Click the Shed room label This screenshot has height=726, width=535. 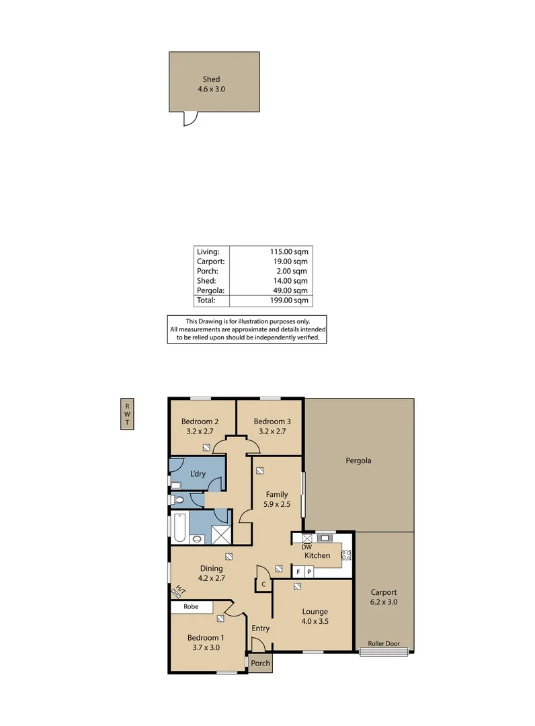point(211,79)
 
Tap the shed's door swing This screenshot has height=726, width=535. point(191,119)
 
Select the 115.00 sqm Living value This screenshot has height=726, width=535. point(290,252)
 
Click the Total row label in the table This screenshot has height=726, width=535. point(206,300)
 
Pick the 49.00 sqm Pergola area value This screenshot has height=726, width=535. point(291,290)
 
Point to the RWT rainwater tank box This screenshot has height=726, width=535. point(126,413)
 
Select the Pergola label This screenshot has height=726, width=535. point(358,461)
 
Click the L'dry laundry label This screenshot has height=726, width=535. point(198,474)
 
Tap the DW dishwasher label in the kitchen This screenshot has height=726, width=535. point(306,547)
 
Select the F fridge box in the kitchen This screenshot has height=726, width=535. point(298,571)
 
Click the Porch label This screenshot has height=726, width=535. point(260,663)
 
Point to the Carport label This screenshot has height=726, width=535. point(384,592)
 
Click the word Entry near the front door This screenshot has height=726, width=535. point(260,629)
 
